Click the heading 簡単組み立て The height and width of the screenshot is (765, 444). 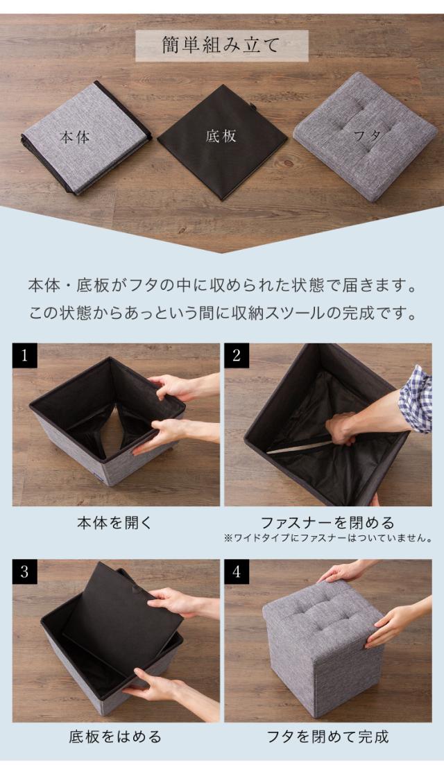(x=221, y=45)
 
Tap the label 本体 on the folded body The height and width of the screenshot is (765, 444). (x=75, y=137)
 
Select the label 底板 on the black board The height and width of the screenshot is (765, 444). (x=221, y=136)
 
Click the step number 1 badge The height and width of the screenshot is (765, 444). (x=24, y=355)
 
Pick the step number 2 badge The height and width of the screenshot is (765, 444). (x=237, y=355)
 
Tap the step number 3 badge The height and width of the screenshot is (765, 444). (x=24, y=571)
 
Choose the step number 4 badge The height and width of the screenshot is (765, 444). (x=237, y=571)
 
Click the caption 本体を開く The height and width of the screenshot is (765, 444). (x=115, y=523)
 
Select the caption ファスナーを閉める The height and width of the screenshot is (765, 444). (x=327, y=523)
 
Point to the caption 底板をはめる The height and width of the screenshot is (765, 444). (x=115, y=737)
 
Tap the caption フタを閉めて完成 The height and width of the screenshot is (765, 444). (x=327, y=737)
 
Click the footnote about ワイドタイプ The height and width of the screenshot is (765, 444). (x=328, y=539)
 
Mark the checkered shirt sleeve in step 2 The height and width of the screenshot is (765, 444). (x=416, y=399)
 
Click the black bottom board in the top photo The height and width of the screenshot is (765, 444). (x=223, y=141)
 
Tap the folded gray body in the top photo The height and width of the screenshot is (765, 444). (x=86, y=138)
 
